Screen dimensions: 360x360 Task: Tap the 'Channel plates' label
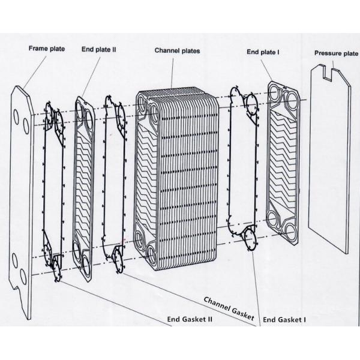pyautogui.click(x=177, y=51)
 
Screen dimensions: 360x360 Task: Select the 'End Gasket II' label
pyautogui.click(x=189, y=319)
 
